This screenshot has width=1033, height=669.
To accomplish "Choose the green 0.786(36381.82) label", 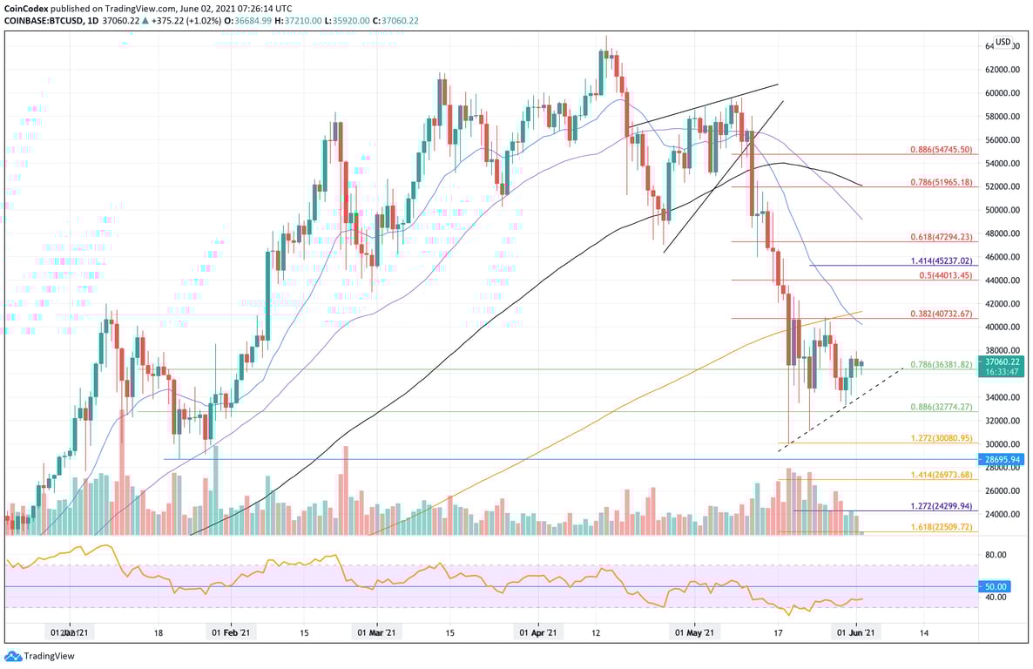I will (x=940, y=365).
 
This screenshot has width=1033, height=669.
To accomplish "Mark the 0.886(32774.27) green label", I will (x=940, y=408).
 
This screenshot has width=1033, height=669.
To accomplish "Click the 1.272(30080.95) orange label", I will (x=940, y=439).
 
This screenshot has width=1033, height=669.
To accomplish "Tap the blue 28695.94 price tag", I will (x=1003, y=459).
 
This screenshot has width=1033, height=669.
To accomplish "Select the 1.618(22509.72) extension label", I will (x=940, y=528).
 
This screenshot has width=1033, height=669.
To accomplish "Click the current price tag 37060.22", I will (x=1003, y=360).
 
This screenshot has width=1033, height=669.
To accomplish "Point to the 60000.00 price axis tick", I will (x=1003, y=93).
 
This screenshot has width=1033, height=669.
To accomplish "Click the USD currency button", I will (x=1003, y=41).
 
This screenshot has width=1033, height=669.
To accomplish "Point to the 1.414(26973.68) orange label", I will (x=940, y=476).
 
